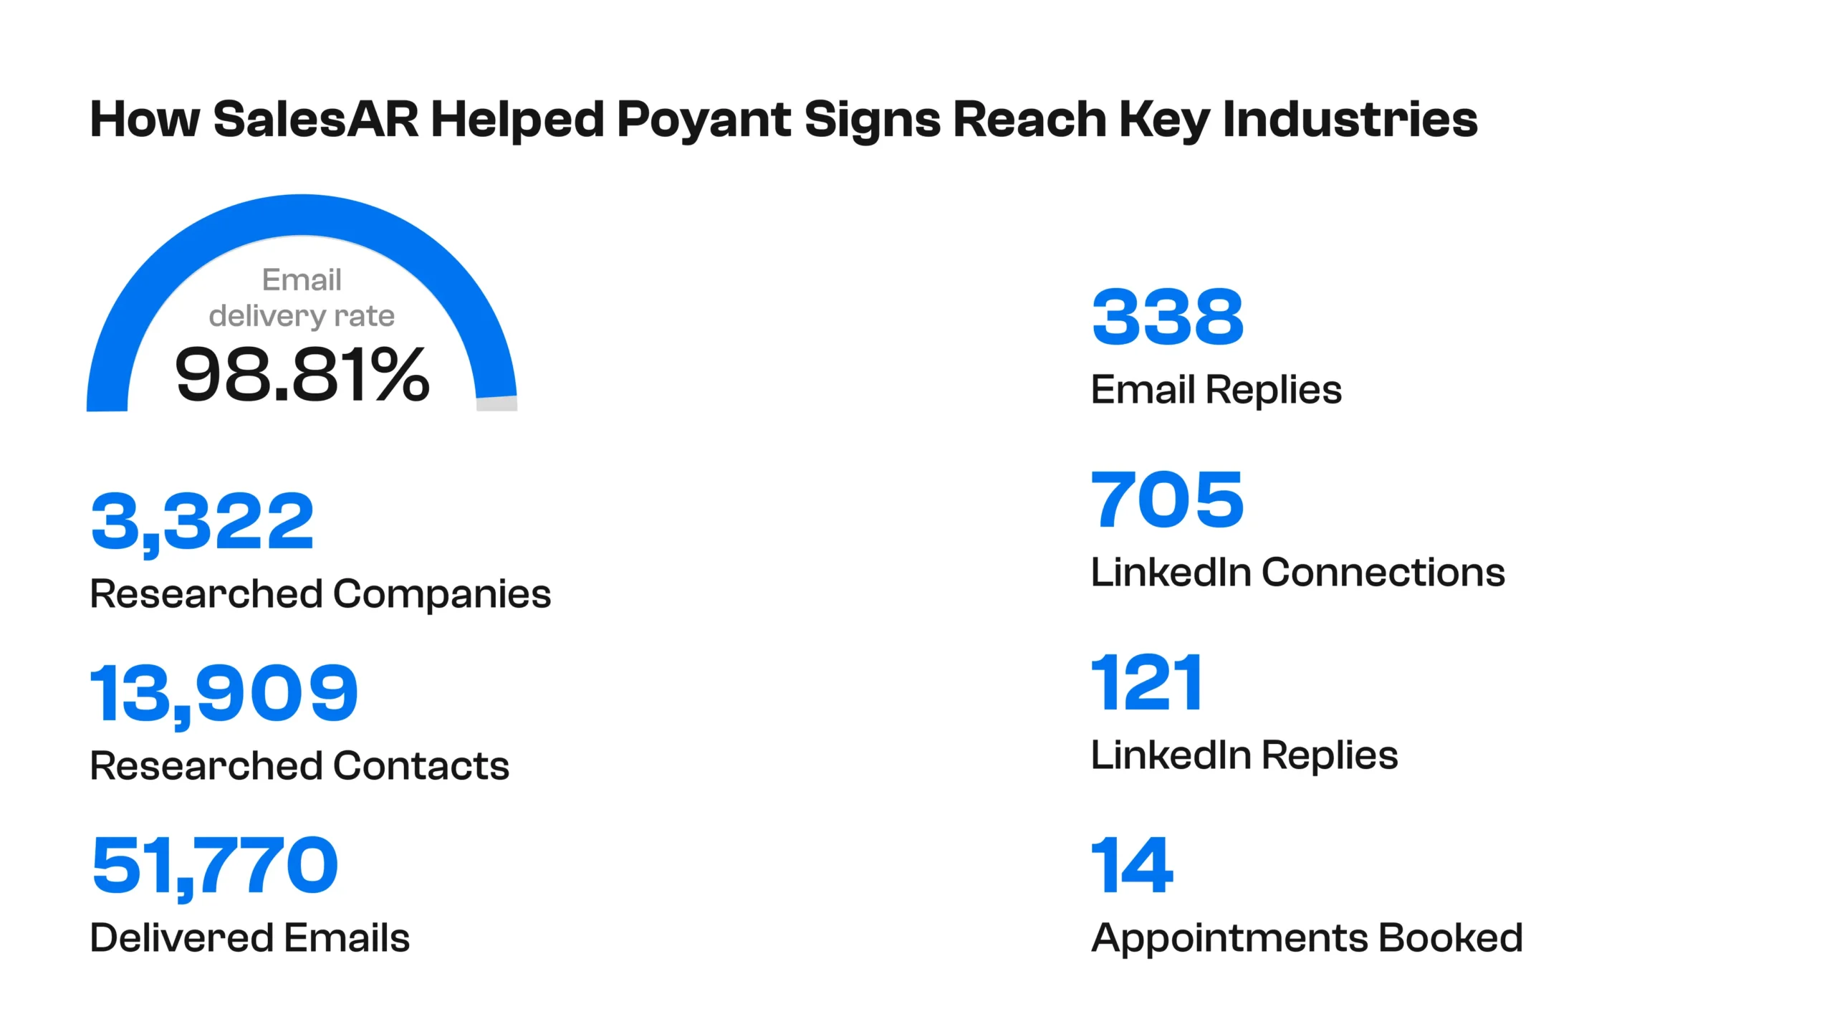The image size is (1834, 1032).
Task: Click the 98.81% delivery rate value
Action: (302, 374)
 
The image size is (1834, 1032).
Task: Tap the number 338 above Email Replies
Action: (1168, 316)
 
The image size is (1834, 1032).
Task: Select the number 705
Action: (1167, 500)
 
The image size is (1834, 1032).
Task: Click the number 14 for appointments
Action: (1132, 865)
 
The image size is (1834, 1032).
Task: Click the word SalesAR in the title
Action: (316, 119)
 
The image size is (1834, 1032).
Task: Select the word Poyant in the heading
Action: (704, 120)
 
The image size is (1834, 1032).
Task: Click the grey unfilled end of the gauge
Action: (497, 403)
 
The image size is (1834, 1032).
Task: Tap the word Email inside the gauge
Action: (302, 279)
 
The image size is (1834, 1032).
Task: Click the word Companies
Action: (442, 596)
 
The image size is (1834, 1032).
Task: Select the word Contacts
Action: (421, 765)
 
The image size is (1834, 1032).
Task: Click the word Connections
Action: (1383, 572)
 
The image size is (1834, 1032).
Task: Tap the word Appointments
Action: (1229, 940)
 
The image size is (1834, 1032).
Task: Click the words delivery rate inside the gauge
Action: (302, 317)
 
